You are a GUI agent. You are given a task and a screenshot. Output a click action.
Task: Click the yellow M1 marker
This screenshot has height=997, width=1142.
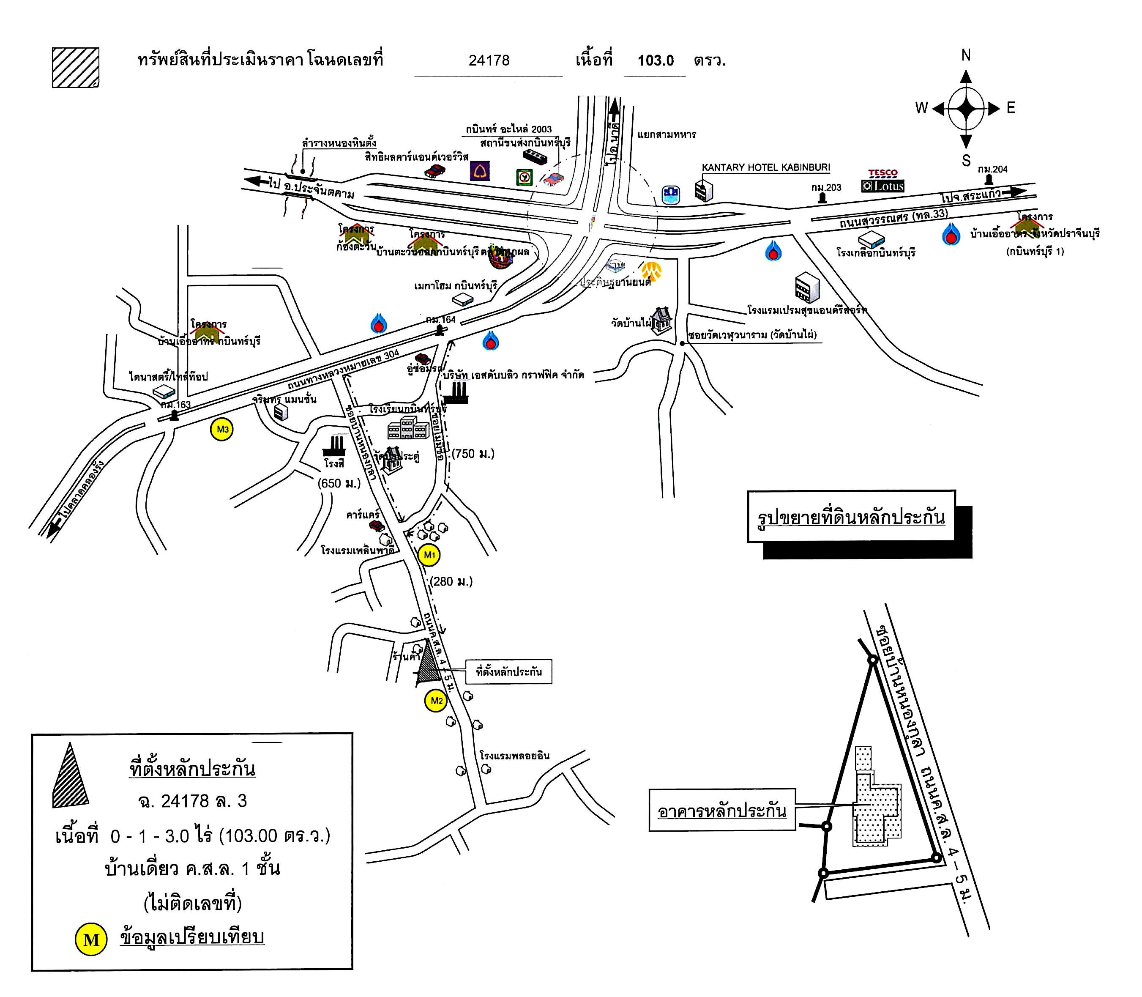[429, 555]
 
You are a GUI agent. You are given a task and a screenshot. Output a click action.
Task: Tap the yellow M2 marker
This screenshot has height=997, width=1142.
[437, 701]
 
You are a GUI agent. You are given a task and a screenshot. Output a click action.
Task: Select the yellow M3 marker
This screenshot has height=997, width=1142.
[222, 430]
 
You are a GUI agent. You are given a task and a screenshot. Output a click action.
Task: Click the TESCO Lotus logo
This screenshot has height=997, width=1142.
[883, 181]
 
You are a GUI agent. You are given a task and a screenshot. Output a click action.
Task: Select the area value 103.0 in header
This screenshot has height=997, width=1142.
[656, 60]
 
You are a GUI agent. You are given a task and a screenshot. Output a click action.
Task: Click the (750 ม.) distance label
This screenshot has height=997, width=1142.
[473, 454]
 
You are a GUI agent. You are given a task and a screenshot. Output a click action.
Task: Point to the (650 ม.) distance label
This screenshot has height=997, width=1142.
[339, 483]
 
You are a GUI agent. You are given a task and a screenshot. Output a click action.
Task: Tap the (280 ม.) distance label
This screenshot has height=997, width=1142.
[451, 581]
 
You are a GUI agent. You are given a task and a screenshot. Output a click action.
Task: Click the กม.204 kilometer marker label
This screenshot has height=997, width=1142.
[992, 169]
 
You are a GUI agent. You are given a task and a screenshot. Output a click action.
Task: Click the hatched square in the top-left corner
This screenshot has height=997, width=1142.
[76, 67]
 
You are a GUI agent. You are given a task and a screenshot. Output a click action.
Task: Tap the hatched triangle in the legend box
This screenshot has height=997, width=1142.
[70, 777]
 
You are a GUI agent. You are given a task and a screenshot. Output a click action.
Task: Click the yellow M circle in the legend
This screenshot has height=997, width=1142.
[90, 939]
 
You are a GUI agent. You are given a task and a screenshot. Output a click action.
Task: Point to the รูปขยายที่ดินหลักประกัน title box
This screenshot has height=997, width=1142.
[851, 517]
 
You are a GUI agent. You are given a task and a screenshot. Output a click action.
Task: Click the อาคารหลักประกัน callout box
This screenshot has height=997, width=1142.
[721, 811]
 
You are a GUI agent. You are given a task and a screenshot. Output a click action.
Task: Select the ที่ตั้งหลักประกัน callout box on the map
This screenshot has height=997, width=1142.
[508, 671]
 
